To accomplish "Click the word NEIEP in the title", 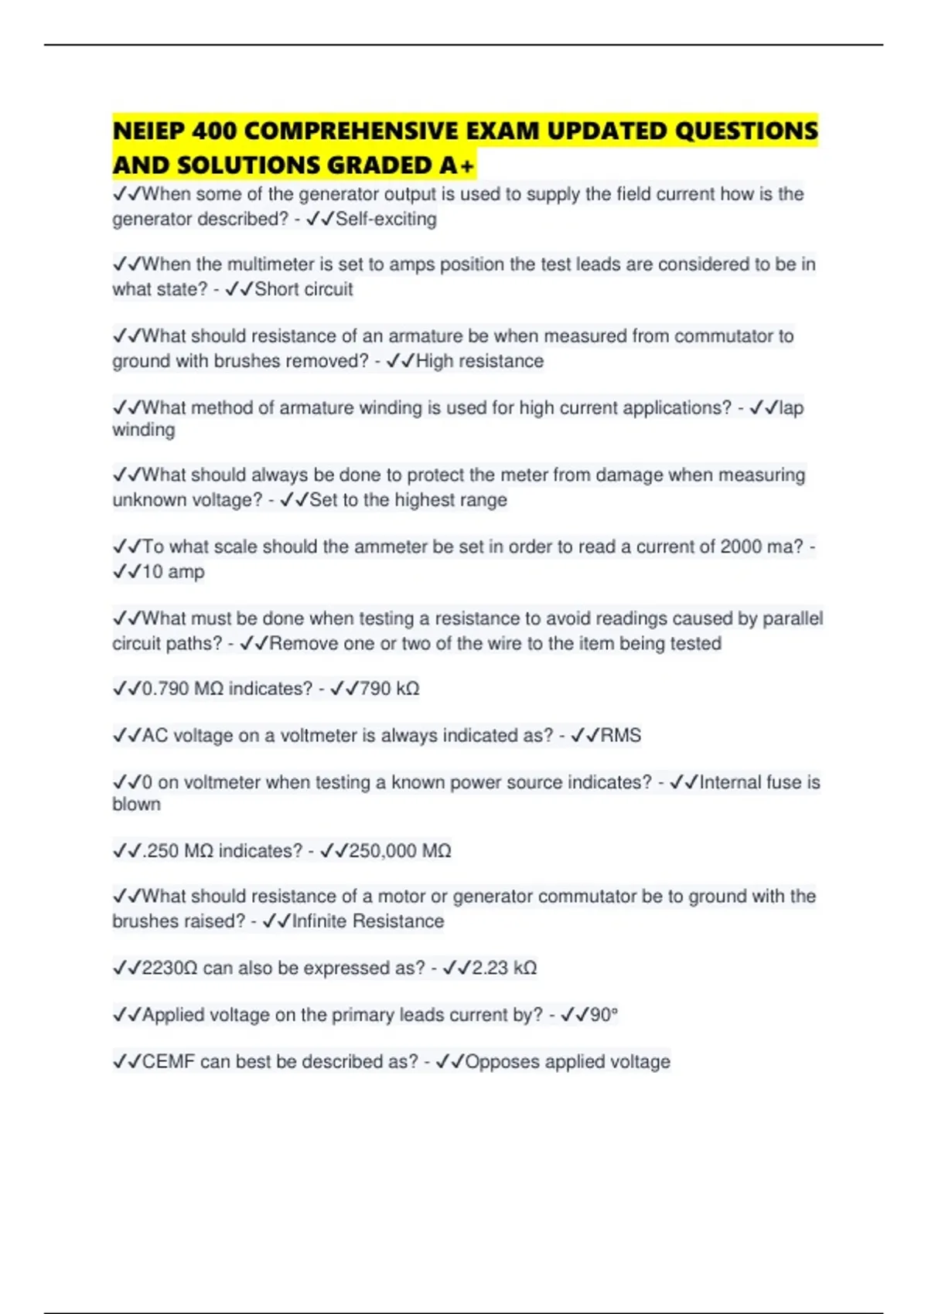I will pyautogui.click(x=148, y=131).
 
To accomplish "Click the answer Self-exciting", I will pyautogui.click(x=386, y=220).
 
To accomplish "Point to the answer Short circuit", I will pyautogui.click(x=303, y=289).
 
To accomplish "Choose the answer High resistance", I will pyautogui.click(x=479, y=361).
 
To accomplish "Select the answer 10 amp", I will pyautogui.click(x=173, y=572).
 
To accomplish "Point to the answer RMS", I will pyautogui.click(x=621, y=735).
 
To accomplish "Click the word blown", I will pyautogui.click(x=136, y=804).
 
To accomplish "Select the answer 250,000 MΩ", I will pyautogui.click(x=400, y=851).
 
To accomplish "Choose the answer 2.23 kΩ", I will pyautogui.click(x=504, y=968).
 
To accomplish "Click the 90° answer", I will pyautogui.click(x=604, y=1015).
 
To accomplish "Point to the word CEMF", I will pyautogui.click(x=169, y=1061).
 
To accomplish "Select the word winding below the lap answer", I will pyautogui.click(x=143, y=430).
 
